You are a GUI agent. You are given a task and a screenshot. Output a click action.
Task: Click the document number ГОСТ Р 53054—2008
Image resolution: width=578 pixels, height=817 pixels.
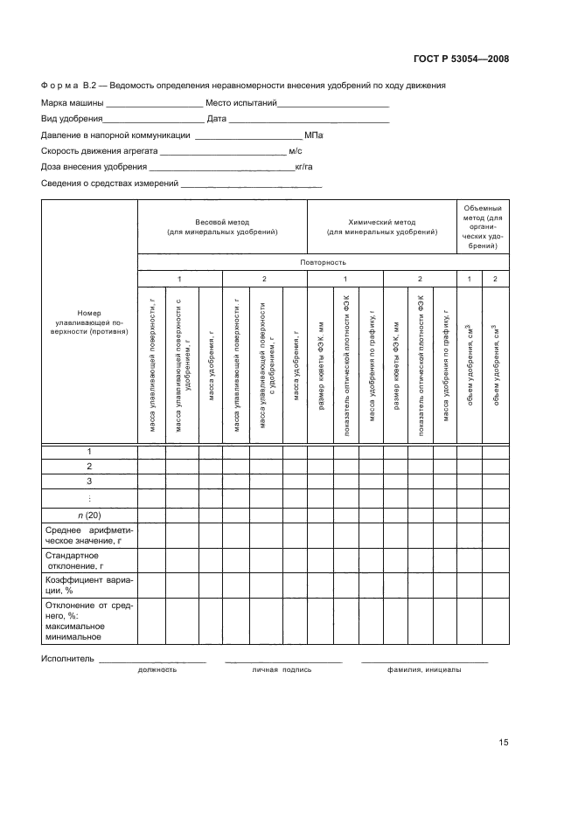461,59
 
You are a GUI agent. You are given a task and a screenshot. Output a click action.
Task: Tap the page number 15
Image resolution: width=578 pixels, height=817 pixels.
503,743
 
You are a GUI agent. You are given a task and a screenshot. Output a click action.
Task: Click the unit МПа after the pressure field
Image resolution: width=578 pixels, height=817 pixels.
314,135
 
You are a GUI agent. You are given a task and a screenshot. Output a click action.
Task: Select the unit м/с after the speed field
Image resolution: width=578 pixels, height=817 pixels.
296,151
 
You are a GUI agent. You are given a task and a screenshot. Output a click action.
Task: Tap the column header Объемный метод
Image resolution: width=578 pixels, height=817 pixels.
483,227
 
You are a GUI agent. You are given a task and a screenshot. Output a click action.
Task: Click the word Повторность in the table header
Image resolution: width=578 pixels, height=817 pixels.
323,262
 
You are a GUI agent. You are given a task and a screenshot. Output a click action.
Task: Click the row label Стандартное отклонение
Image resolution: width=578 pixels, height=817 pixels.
72,560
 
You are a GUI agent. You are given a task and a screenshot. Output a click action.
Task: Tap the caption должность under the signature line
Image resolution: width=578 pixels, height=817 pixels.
157,670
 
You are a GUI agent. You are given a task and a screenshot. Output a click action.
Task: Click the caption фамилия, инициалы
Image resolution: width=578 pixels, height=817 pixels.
425,670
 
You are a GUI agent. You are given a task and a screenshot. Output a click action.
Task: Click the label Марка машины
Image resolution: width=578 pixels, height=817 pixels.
72,103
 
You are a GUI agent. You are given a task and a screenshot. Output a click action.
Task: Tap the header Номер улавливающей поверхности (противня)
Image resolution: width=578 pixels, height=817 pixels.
89,323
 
